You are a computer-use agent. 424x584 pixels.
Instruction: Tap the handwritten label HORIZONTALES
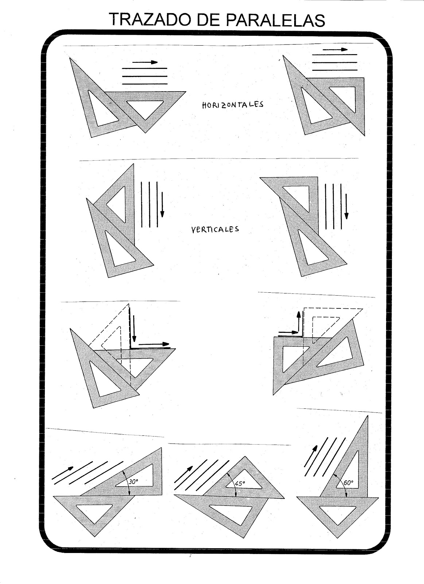pyautogui.click(x=233, y=104)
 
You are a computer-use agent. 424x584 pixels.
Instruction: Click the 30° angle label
pyautogui.click(x=134, y=482)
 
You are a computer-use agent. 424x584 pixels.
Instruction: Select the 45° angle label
pyautogui.click(x=240, y=483)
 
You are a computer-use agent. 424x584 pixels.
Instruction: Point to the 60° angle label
pyautogui.click(x=349, y=483)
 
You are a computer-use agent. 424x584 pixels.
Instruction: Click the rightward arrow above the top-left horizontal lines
pyautogui.click(x=145, y=62)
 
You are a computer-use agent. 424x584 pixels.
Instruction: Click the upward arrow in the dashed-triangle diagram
pyautogui.click(x=299, y=321)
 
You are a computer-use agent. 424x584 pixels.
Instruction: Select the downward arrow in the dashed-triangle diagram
pyautogui.click(x=134, y=327)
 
